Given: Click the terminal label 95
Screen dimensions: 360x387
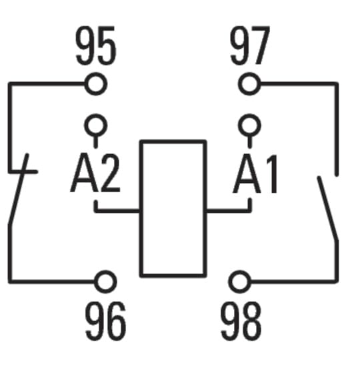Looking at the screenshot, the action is point(96,45).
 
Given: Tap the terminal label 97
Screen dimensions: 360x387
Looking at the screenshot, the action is point(250,45).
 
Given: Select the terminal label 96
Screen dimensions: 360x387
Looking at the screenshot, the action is point(105,321).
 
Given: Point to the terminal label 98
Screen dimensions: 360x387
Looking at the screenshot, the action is point(241,321).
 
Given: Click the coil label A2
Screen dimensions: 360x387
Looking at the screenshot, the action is point(95,173).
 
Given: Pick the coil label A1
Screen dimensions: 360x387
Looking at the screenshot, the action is point(256,173).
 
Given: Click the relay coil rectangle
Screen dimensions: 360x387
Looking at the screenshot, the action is point(141,209).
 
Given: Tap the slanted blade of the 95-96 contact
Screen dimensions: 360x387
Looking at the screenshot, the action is point(18,189).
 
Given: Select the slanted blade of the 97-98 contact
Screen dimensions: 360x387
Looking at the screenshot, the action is point(328,208).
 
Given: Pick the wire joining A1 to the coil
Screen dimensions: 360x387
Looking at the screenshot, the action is point(229,211).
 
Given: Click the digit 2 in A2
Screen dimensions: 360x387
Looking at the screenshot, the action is point(110,173).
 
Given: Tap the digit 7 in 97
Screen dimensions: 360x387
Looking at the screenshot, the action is point(261,45).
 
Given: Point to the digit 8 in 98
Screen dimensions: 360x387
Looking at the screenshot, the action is point(252,321).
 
